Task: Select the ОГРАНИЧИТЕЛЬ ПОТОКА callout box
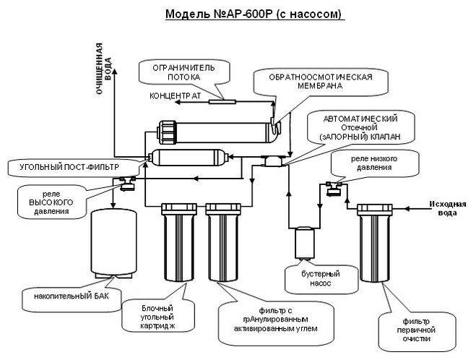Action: pyautogui.click(x=186, y=72)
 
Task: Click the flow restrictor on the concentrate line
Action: pyautogui.click(x=220, y=101)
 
